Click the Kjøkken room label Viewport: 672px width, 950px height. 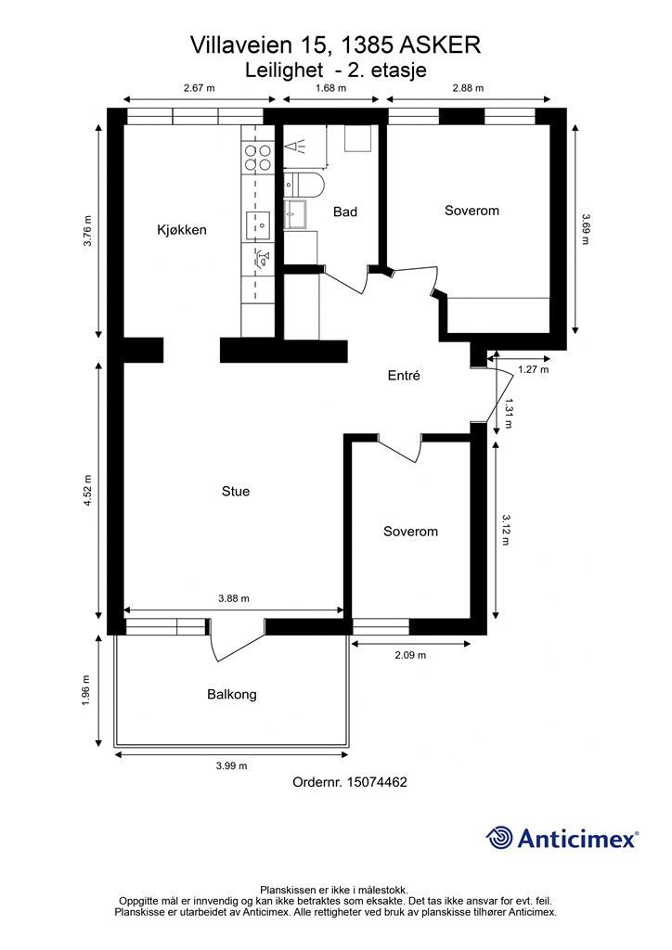182,230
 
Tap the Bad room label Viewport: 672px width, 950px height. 345,212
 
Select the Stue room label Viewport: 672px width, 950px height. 236,491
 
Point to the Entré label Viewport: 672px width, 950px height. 404,375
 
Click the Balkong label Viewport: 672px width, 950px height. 232,694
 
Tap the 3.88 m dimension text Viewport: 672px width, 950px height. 234,598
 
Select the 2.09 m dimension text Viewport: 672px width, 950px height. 410,655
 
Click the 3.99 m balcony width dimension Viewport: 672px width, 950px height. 231,765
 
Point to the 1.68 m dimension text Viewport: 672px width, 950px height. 330,88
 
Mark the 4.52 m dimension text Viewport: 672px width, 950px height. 87,489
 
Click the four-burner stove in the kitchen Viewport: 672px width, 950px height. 257,157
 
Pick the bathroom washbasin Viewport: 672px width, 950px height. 296,214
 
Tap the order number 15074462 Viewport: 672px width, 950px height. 377,782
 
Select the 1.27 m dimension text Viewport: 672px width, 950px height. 533,369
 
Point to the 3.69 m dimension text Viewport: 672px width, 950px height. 585,229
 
